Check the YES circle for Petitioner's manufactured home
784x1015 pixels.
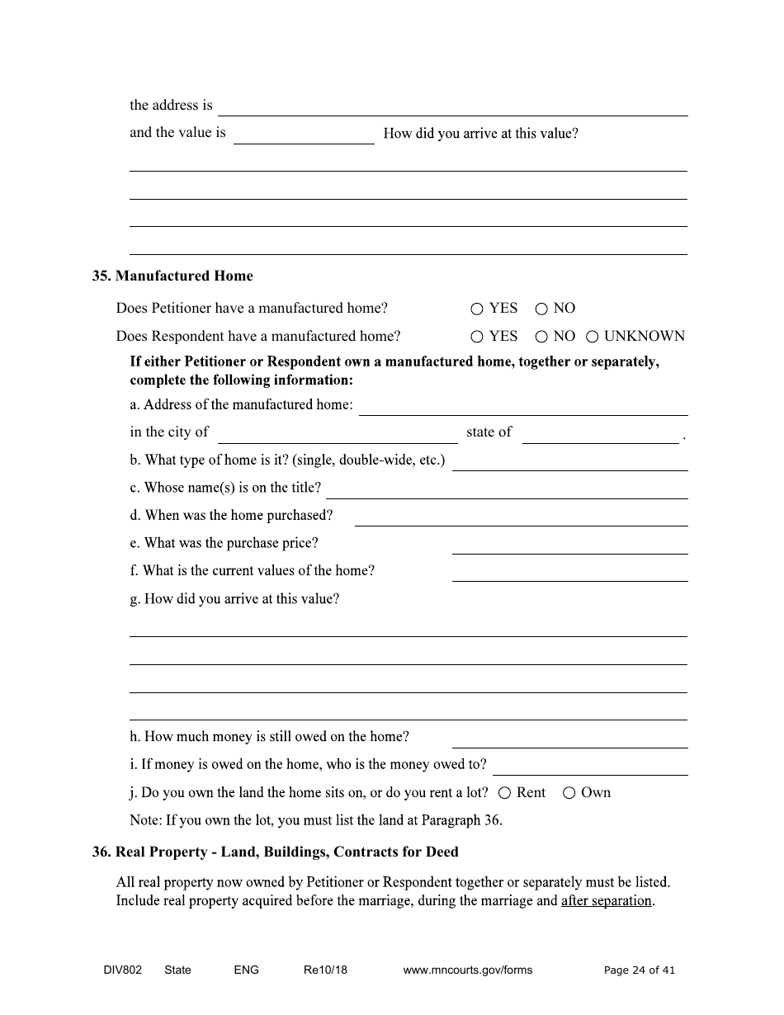pyautogui.click(x=477, y=309)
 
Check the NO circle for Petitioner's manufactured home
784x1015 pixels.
pyautogui.click(x=541, y=309)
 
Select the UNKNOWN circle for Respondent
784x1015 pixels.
pyautogui.click(x=592, y=337)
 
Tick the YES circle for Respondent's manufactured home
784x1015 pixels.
pyautogui.click(x=477, y=337)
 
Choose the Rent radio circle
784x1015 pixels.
pyautogui.click(x=505, y=793)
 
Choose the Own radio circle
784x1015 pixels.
pyautogui.click(x=569, y=793)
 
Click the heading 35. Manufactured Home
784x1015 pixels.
pyautogui.click(x=172, y=276)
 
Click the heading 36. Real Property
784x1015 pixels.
pyautogui.click(x=275, y=852)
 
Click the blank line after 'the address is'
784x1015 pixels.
pyautogui.click(x=452, y=107)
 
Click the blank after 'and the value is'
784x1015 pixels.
pyautogui.click(x=304, y=135)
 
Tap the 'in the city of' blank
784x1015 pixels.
pyautogui.click(x=337, y=434)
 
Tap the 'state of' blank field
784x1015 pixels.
pyautogui.click(x=600, y=434)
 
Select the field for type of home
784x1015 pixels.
pyautogui.click(x=569, y=462)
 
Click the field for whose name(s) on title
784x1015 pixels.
pyautogui.click(x=507, y=490)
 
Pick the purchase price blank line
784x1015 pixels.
pyautogui.click(x=569, y=545)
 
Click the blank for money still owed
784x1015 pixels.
pyautogui.click(x=569, y=739)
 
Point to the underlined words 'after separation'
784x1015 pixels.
pyautogui.click(x=607, y=901)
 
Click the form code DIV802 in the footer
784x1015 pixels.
pyautogui.click(x=117, y=970)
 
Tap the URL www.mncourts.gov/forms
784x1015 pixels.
pyautogui.click(x=467, y=970)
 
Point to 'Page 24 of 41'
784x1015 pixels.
pyautogui.click(x=639, y=970)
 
